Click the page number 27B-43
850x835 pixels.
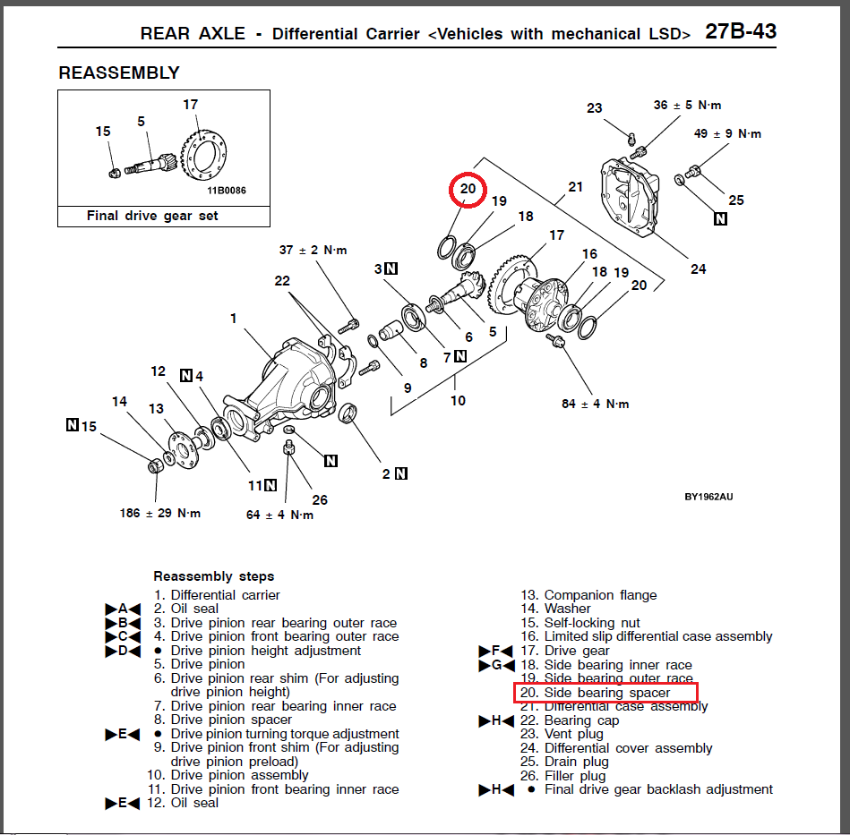click(740, 32)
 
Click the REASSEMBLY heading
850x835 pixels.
click(119, 73)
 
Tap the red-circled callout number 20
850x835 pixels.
click(468, 189)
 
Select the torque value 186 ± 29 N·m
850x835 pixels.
click(161, 514)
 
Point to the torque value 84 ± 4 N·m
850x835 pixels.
click(596, 404)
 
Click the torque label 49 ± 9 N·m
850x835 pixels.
click(727, 133)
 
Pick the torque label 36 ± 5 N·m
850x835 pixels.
click(687, 105)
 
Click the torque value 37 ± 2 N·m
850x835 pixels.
click(313, 250)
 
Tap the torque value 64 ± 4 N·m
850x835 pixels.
click(280, 515)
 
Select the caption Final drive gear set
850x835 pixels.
click(152, 216)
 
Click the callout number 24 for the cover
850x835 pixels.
click(699, 268)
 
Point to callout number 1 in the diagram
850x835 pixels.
click(234, 318)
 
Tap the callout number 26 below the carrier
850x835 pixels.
click(320, 499)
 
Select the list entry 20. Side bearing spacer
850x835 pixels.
click(606, 693)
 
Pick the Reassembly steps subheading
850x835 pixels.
click(214, 576)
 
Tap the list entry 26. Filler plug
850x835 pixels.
click(575, 776)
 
